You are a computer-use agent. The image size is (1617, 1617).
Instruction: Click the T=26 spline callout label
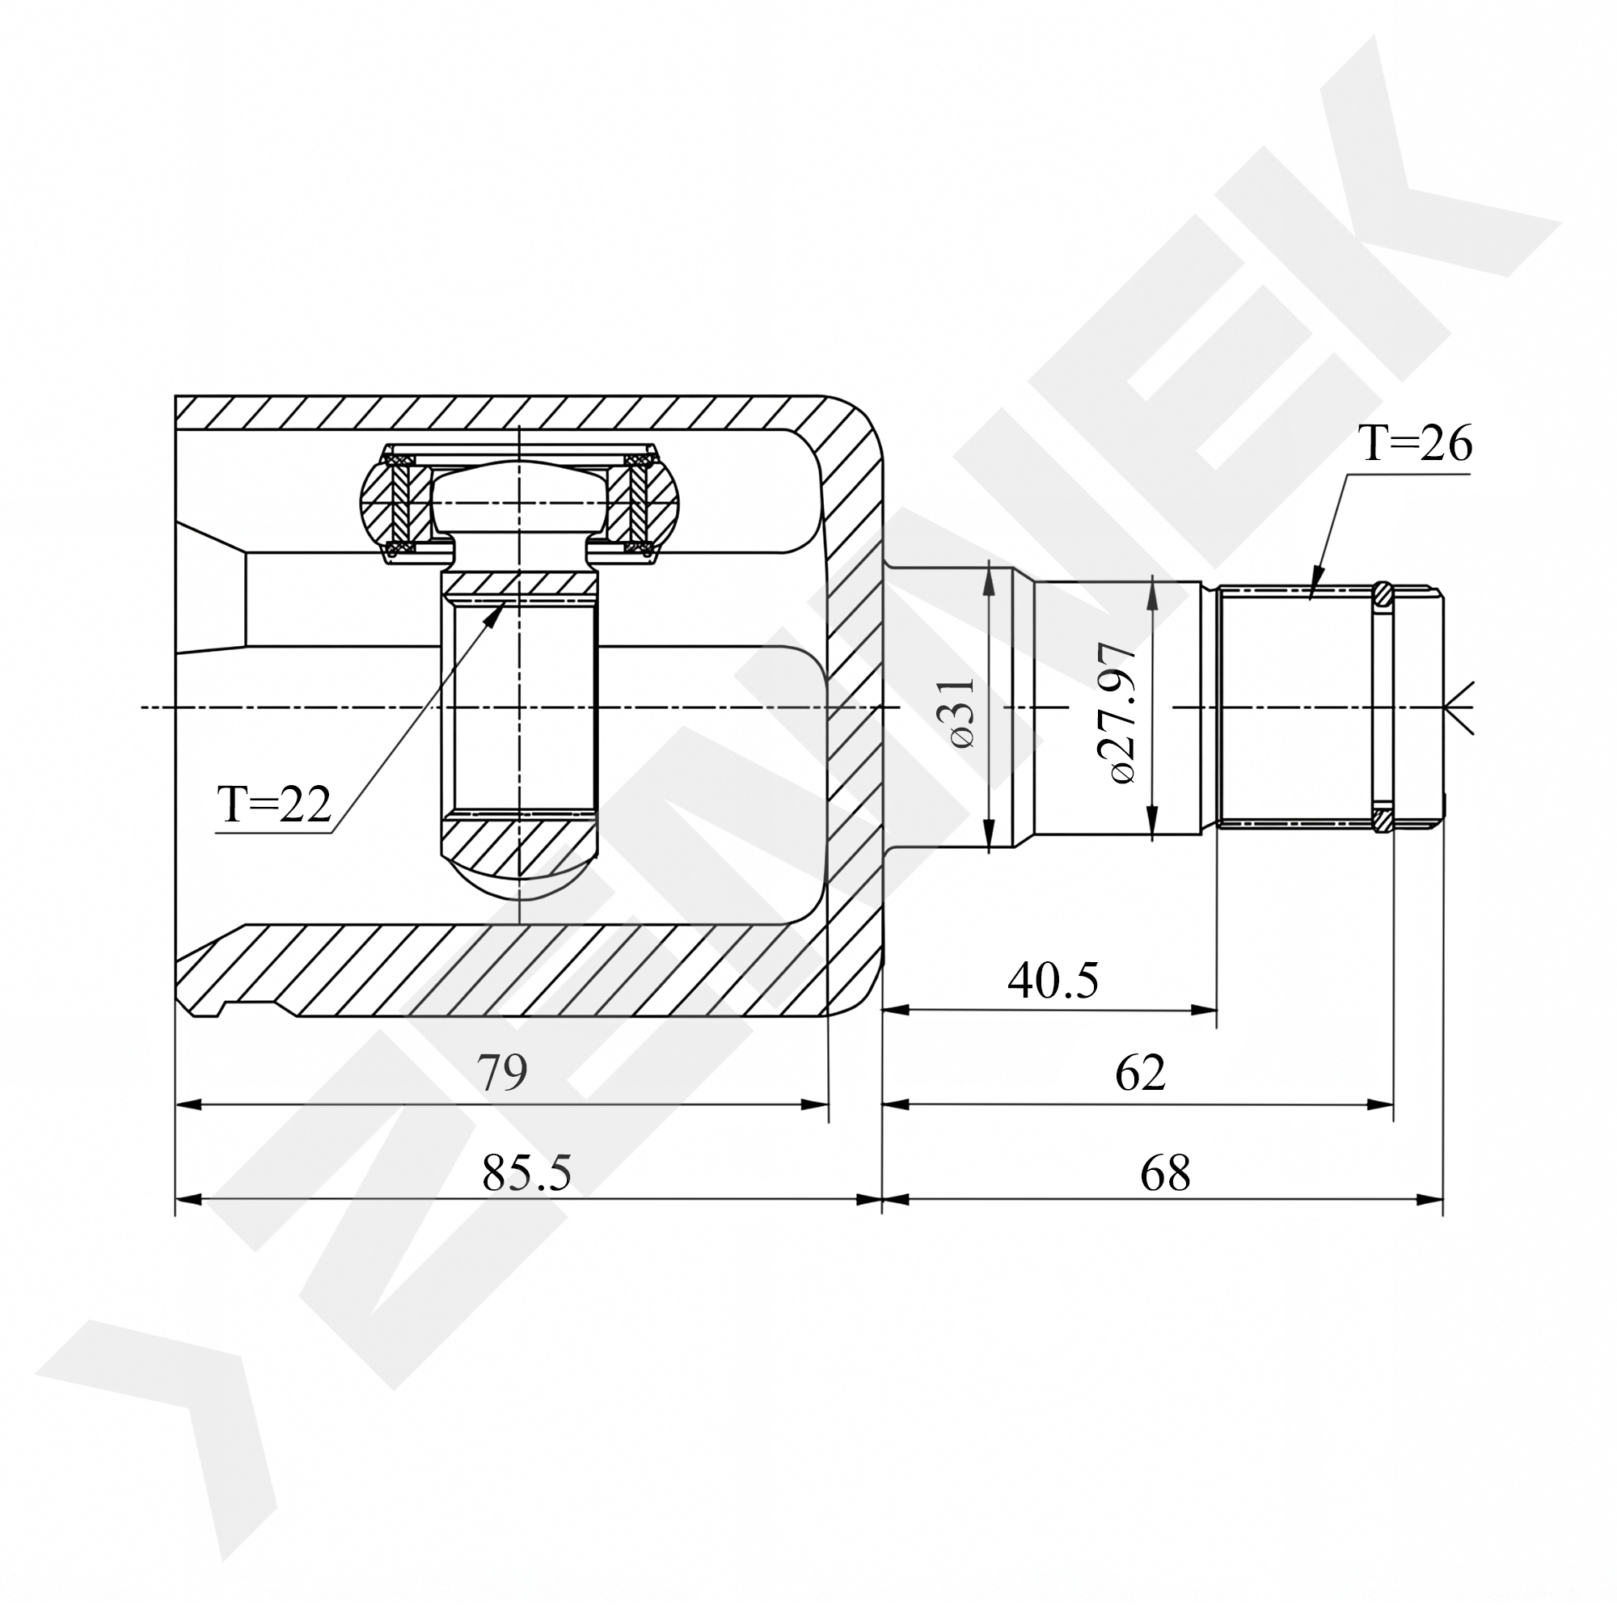pos(1413,444)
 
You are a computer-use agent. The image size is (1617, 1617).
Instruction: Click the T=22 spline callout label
pos(275,804)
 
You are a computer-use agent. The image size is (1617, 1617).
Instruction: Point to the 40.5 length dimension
pos(1053,982)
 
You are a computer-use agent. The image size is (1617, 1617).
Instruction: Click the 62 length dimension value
pos(1140,1074)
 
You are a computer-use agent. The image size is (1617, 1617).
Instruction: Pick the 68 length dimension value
pos(1165,1173)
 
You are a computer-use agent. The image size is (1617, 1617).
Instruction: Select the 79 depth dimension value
pos(502,1074)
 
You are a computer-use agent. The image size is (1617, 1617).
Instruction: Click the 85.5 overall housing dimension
pos(526,1173)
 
